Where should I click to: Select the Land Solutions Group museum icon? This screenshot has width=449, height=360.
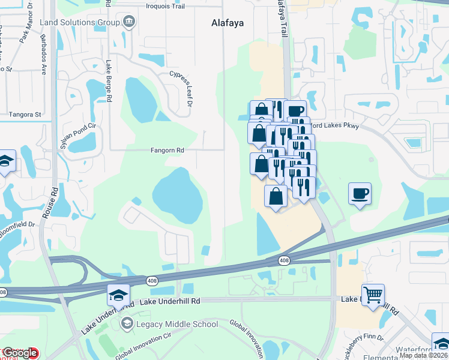[128, 23]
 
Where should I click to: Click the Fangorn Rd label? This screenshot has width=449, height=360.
[167, 151]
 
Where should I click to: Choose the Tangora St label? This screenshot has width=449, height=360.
[24, 114]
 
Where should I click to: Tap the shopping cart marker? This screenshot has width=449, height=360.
[373, 295]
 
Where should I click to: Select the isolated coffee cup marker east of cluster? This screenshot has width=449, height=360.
[360, 194]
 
